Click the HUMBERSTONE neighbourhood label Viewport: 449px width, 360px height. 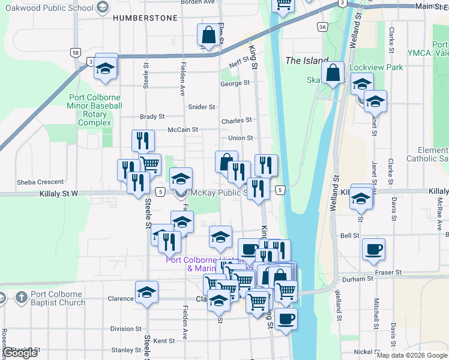click(x=145, y=18)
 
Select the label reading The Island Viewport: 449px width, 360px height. click(x=307, y=61)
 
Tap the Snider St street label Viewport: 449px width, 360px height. click(x=202, y=107)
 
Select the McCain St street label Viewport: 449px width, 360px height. click(x=182, y=129)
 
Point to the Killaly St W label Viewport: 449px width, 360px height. click(x=59, y=193)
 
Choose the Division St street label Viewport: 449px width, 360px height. click(x=125, y=329)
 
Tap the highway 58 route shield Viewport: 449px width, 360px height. click(x=76, y=53)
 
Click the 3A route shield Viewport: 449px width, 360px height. click(x=323, y=27)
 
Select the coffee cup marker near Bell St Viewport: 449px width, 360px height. click(x=373, y=248)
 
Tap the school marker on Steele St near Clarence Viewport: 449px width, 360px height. click(x=146, y=292)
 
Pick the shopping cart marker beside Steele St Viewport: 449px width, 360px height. click(x=149, y=163)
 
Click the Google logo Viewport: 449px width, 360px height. click(x=21, y=353)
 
